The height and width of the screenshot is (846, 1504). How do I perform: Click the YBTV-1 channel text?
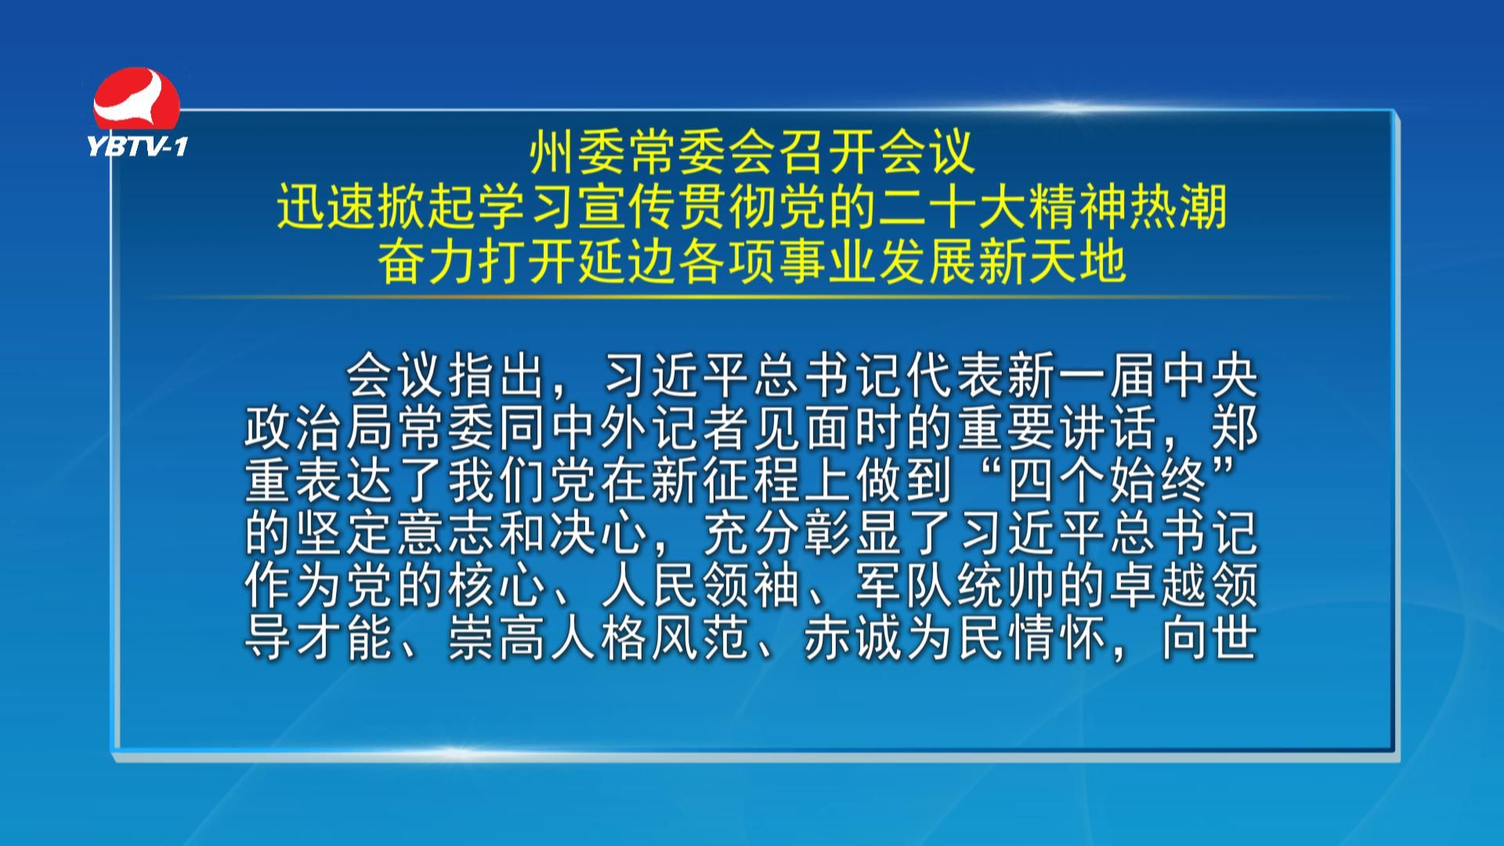coord(138,146)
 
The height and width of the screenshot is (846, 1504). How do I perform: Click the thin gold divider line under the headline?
coord(752,297)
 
